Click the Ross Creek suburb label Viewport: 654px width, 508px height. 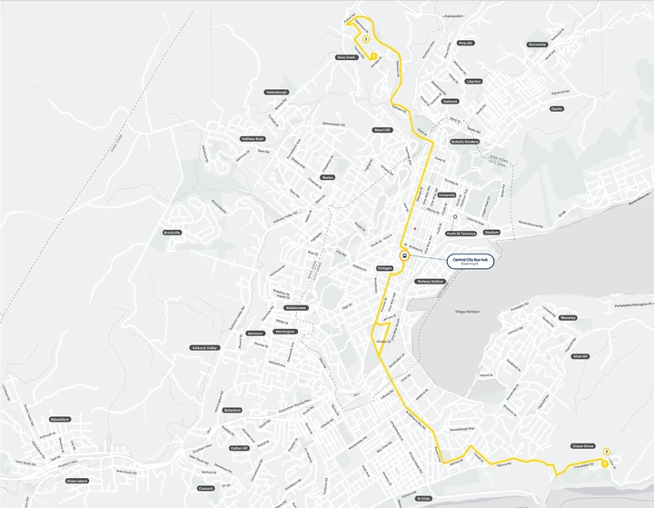tap(347, 56)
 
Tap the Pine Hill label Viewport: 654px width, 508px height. tap(466, 43)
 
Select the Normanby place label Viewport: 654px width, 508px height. tap(537, 45)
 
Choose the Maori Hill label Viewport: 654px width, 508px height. tap(381, 130)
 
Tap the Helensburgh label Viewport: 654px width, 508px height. tap(276, 92)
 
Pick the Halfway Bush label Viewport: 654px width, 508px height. tap(253, 139)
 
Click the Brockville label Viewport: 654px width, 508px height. tap(173, 233)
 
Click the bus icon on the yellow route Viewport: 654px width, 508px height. tap(404, 255)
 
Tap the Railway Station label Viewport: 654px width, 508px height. tap(430, 282)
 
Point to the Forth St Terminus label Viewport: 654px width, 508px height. tap(462, 233)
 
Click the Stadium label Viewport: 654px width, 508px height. tap(491, 233)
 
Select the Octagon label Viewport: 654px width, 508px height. tap(384, 268)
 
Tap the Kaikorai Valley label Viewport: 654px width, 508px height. tap(204, 347)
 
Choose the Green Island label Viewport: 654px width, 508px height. tap(77, 481)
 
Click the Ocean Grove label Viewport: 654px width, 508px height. tap(583, 446)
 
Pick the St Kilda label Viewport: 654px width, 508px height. tap(423, 499)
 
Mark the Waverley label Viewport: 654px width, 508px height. tap(569, 318)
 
